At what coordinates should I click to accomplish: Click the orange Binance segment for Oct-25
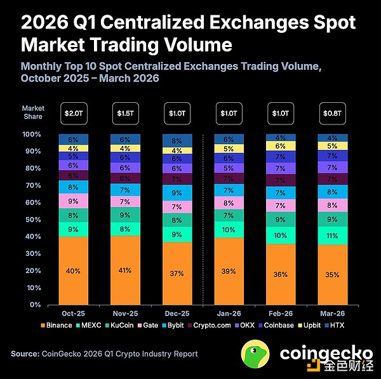tap(74, 271)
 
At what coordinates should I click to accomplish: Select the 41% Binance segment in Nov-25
tap(125, 271)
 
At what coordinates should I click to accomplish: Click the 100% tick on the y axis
tap(31, 135)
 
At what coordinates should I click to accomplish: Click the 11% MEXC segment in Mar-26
tap(332, 236)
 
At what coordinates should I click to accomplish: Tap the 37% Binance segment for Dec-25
tap(177, 274)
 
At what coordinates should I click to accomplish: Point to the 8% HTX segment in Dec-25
tap(177, 141)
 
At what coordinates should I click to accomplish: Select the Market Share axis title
tap(33, 112)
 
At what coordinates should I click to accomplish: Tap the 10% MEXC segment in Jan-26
tap(229, 230)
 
